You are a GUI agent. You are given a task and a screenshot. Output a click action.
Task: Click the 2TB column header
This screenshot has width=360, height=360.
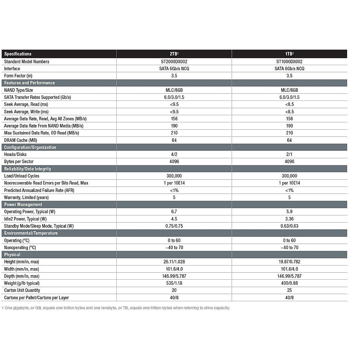click(174, 54)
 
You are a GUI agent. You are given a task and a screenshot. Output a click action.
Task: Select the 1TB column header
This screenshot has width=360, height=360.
click(289, 54)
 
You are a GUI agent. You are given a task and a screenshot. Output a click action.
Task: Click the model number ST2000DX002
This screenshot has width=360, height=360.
click(174, 61)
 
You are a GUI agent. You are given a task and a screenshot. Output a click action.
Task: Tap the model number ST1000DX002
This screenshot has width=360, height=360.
click(289, 61)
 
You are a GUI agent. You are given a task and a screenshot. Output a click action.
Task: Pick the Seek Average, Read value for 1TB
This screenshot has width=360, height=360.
click(289, 104)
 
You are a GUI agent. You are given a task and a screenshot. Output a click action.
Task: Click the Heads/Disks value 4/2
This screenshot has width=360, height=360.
click(174, 154)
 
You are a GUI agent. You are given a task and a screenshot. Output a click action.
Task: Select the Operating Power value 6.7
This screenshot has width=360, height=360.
click(174, 212)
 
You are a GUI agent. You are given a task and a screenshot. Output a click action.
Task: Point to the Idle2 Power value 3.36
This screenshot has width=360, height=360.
click(289, 219)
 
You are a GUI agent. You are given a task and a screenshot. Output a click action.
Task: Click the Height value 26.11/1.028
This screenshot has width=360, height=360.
click(174, 262)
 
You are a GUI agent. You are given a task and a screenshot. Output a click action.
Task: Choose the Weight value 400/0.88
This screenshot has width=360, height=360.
click(289, 283)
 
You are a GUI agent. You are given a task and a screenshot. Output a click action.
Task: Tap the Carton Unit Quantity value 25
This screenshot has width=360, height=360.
click(289, 290)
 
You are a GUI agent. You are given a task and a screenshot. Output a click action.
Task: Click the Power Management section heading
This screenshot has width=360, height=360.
click(23, 205)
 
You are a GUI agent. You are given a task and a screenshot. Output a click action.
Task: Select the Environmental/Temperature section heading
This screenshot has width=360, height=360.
click(31, 233)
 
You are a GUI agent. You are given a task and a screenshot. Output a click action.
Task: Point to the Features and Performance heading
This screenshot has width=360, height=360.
click(29, 83)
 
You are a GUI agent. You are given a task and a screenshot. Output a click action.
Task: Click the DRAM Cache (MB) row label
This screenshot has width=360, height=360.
click(20, 140)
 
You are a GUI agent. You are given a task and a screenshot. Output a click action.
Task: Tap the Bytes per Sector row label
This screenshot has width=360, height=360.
click(19, 162)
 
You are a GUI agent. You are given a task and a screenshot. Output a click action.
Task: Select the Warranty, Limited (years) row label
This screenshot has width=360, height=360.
click(26, 197)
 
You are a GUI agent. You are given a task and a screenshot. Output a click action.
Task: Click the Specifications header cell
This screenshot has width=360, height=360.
click(18, 54)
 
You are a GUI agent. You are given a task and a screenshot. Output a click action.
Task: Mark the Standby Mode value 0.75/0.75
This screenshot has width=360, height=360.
click(174, 226)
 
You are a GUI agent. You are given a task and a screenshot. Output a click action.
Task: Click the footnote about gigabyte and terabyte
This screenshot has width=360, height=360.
click(116, 308)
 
